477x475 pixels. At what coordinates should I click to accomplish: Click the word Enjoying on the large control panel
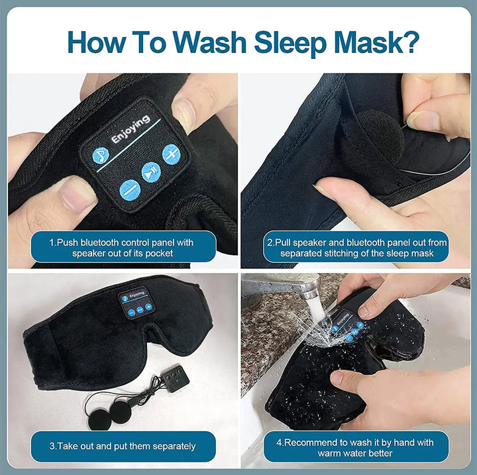[x=131, y=130]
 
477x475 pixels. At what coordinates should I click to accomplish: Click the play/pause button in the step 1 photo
[x=151, y=172]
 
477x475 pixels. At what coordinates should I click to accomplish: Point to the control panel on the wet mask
[x=344, y=324]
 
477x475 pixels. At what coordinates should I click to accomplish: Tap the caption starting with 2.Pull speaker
[x=356, y=247]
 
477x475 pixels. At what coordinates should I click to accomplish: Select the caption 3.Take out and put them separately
[x=123, y=446]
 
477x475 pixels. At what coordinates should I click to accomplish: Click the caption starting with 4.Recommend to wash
[x=356, y=446]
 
